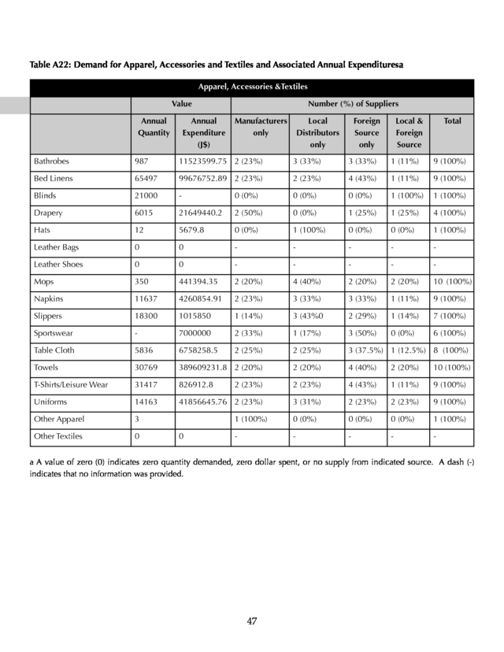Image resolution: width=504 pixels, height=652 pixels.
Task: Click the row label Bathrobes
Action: coord(51,161)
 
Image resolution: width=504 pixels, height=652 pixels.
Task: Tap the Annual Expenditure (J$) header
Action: coord(203,132)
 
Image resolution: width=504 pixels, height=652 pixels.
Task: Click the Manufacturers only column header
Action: coord(261,127)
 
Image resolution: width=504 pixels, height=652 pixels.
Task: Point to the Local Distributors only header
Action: coord(317,132)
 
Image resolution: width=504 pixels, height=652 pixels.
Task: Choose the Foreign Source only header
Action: coord(366,132)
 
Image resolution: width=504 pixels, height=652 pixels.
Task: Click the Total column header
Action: coord(452,121)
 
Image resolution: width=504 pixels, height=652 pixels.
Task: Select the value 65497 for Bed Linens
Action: coord(147,179)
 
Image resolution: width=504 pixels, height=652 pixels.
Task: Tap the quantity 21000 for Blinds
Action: coord(147,195)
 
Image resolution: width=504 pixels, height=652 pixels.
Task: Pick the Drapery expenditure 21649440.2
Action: coord(200,213)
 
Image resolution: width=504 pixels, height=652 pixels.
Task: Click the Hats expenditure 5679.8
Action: coord(192,230)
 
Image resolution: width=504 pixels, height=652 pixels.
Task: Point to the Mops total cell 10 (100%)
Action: coord(452,281)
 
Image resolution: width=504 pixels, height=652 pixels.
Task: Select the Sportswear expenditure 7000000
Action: coord(196,333)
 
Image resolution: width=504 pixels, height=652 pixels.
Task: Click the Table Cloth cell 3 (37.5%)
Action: coord(367,350)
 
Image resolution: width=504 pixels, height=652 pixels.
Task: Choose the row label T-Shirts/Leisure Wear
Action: coord(72,384)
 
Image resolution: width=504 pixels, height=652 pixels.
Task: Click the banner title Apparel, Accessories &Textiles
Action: coord(252,87)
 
